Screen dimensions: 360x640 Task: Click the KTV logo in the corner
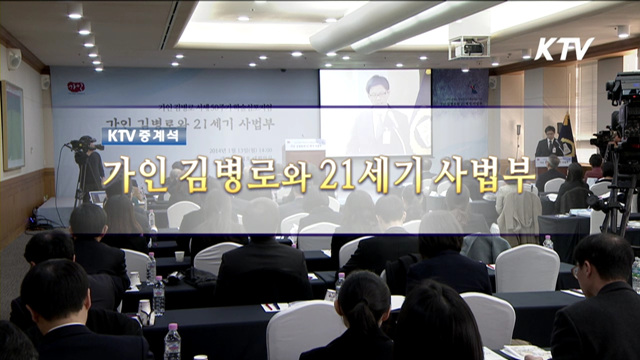pos(563,48)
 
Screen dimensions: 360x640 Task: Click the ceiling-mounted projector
pos(469,46)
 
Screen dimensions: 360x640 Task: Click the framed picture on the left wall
pos(12,125)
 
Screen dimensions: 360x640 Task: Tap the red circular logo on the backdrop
pos(76,87)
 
